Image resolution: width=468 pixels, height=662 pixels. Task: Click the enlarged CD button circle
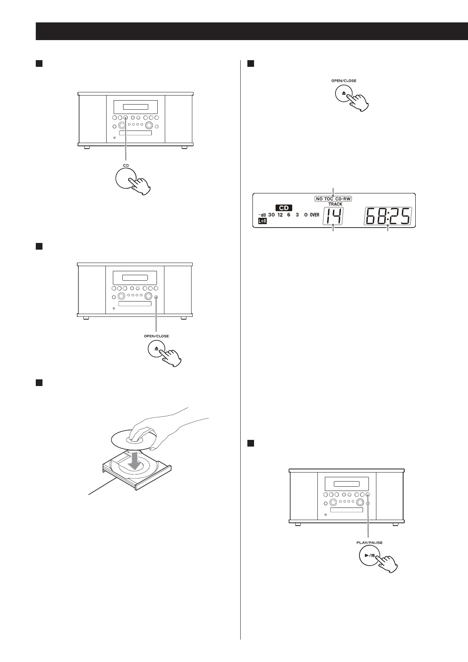pos(126,179)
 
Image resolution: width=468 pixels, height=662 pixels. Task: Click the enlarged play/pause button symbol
pos(369,556)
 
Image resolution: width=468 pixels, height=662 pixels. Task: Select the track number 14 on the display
pos(333,217)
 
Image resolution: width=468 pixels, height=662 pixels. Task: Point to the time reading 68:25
pos(388,217)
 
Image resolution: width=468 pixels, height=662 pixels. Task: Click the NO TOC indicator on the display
pos(325,199)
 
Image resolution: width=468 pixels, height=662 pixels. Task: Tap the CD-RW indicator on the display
pos(343,199)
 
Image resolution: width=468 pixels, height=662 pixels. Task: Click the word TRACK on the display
pos(335,204)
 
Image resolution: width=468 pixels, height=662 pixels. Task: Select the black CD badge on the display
pos(284,208)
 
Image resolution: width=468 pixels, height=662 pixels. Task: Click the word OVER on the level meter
pos(314,215)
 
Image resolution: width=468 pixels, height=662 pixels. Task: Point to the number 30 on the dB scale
pos(271,215)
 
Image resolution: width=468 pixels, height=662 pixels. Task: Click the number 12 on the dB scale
pos(280,215)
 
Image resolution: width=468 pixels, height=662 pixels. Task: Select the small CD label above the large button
pos(126,165)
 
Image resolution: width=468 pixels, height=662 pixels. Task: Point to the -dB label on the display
pos(262,215)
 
